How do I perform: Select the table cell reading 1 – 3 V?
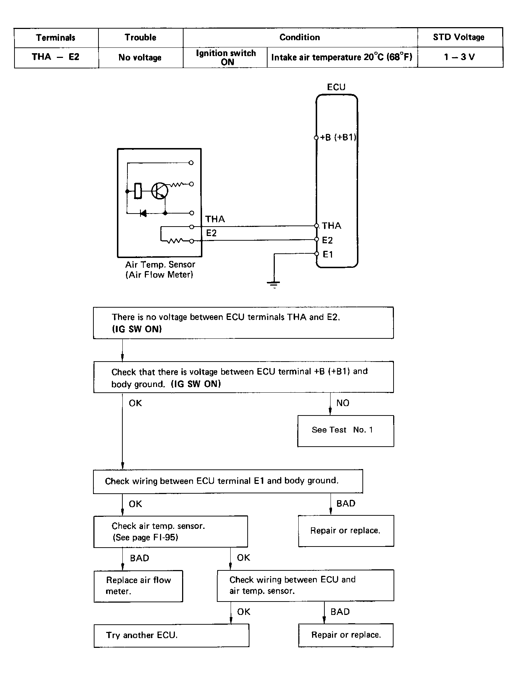[x=459, y=57]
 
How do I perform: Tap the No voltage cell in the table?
[x=140, y=57]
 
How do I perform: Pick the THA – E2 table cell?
[x=56, y=57]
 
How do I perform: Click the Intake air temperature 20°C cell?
[x=342, y=57]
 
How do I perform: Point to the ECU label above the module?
[x=336, y=87]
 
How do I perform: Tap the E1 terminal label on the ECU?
[x=328, y=254]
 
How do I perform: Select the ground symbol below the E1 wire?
[x=274, y=284]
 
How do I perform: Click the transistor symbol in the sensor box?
[x=160, y=190]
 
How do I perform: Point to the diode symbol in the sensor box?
[x=143, y=213]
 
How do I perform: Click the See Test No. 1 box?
[x=346, y=431]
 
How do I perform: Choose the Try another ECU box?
[x=171, y=636]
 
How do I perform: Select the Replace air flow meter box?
[x=138, y=586]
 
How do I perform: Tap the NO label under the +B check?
[x=343, y=403]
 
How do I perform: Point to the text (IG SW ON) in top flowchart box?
[x=137, y=329]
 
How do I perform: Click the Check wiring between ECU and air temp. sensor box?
[x=306, y=586]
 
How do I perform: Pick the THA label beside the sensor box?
[x=215, y=219]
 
